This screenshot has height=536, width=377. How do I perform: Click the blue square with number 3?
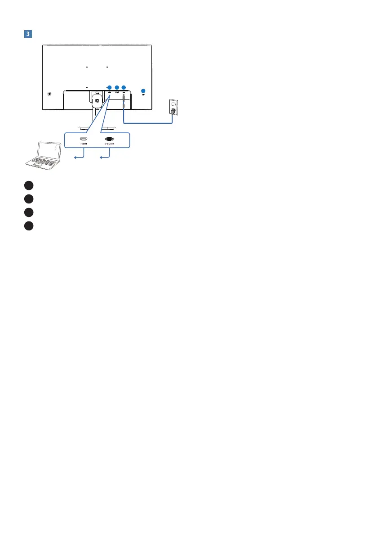pyautogui.click(x=28, y=34)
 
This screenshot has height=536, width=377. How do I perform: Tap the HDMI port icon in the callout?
pyautogui.click(x=84, y=139)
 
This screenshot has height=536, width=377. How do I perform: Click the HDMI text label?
pyautogui.click(x=84, y=145)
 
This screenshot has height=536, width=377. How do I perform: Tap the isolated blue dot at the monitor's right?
pyautogui.click(x=143, y=89)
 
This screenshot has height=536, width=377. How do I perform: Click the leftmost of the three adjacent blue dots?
pyautogui.click(x=110, y=87)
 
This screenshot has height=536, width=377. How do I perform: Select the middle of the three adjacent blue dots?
pyautogui.click(x=117, y=87)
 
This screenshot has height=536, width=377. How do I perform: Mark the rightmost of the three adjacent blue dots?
pyautogui.click(x=124, y=87)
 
